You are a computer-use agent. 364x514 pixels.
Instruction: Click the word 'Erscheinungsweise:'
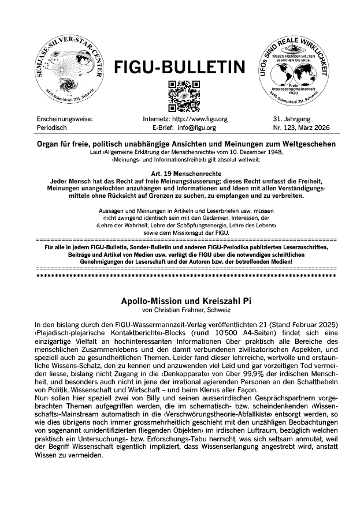[64, 119]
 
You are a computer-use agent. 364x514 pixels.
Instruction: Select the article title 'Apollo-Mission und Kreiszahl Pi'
[181, 301]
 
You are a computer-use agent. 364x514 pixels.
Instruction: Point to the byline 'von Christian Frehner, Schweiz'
[181, 310]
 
